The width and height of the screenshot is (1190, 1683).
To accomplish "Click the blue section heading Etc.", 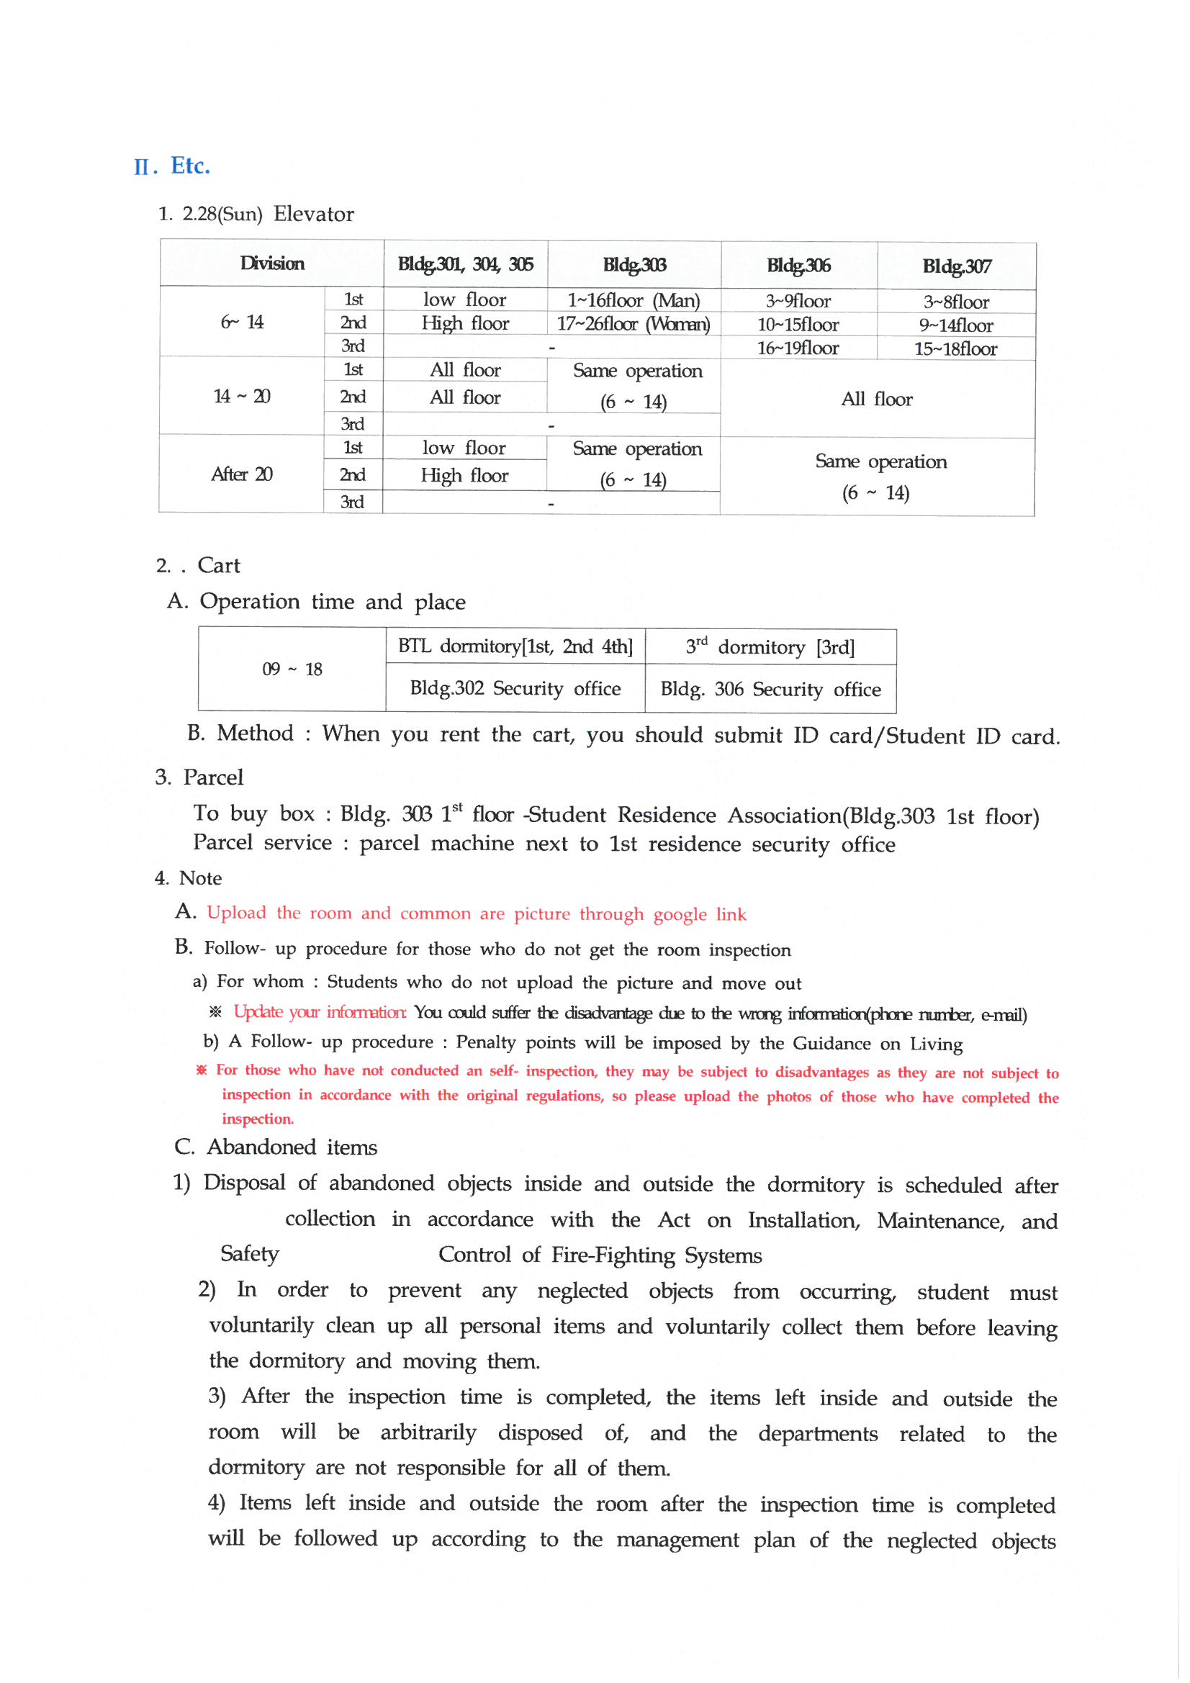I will click(x=190, y=166).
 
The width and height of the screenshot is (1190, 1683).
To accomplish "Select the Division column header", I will click(x=272, y=263).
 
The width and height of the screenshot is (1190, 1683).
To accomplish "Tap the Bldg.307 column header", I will click(x=956, y=266).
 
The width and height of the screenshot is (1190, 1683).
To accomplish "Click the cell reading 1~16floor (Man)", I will click(x=634, y=299).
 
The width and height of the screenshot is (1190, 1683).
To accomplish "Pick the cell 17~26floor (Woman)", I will click(x=634, y=323).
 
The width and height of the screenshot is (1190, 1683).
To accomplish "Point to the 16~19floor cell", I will click(x=798, y=348).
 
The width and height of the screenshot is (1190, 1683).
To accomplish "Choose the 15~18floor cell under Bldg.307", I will click(x=955, y=349).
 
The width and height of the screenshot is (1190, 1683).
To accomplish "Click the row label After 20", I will click(x=242, y=474).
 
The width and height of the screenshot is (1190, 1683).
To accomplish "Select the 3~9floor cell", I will click(x=798, y=301).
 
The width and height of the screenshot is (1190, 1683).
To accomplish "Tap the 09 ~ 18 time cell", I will click(x=292, y=669).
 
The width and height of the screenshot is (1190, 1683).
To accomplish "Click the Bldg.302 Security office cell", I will click(x=515, y=688).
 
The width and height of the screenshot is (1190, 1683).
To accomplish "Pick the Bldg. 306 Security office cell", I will click(x=770, y=689).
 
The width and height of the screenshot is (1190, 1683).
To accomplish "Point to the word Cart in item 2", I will click(x=219, y=565).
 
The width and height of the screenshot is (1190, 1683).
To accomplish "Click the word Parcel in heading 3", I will click(x=212, y=777).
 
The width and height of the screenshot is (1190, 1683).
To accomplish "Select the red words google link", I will click(x=700, y=914).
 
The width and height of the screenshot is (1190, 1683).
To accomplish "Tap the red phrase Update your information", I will click(x=320, y=1012).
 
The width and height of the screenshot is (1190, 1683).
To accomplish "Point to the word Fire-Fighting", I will click(x=612, y=1255).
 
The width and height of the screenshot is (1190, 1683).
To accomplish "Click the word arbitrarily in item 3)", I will click(x=428, y=1432).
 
